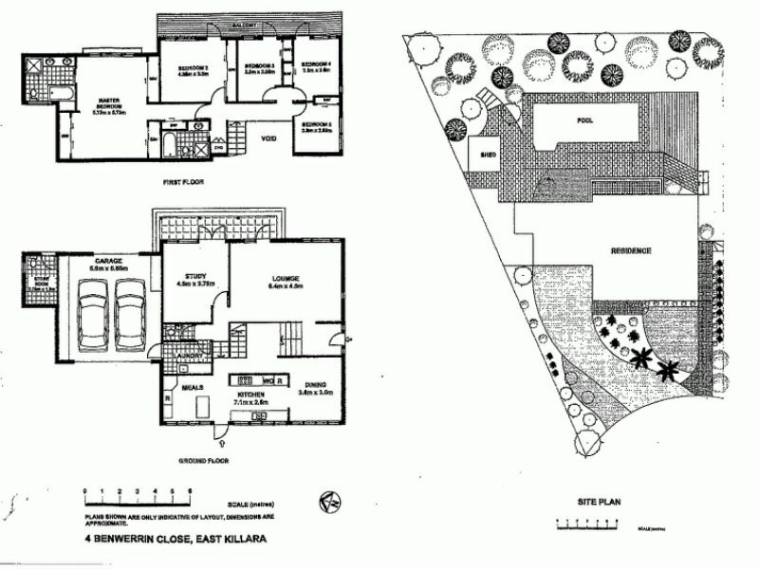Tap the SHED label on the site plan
[490, 154]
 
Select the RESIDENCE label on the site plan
[630, 250]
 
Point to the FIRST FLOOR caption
[184, 181]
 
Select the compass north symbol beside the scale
[330, 500]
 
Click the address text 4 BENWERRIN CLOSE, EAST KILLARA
[175, 538]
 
